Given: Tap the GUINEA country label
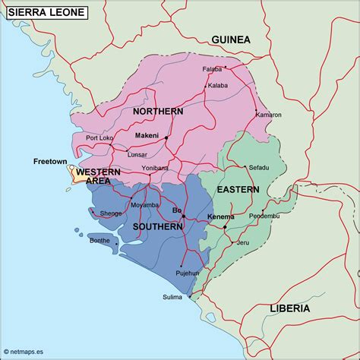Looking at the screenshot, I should (x=230, y=39).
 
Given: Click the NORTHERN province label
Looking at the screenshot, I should (x=158, y=112).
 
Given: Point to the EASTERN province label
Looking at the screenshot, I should (x=238, y=189).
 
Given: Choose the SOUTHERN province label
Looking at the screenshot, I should (x=157, y=226).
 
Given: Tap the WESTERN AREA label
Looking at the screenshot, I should (x=98, y=176).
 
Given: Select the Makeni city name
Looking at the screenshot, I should (x=146, y=136).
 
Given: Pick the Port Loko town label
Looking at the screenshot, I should (x=99, y=137).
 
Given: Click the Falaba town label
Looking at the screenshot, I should (x=212, y=69).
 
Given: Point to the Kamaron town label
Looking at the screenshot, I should (x=268, y=115).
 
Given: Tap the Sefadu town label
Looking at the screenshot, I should (x=259, y=166).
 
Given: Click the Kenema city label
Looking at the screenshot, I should (x=220, y=217).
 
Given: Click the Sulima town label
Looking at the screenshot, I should (x=172, y=297).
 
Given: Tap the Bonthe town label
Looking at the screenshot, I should (x=99, y=240).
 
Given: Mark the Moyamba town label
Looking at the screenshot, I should (x=145, y=205).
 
